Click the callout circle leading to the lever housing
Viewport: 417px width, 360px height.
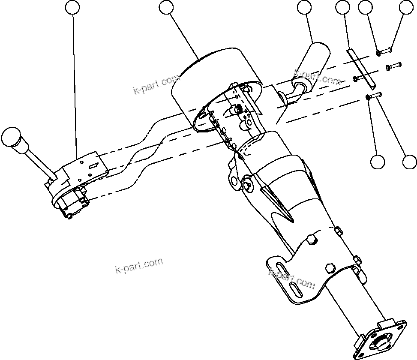(x=73, y=7)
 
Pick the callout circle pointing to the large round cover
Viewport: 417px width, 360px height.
(x=166, y=7)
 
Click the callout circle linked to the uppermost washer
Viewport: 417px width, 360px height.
(x=365, y=7)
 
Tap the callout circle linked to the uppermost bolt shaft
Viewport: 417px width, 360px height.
(x=406, y=7)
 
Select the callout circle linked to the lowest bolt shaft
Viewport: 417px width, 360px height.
(x=410, y=162)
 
